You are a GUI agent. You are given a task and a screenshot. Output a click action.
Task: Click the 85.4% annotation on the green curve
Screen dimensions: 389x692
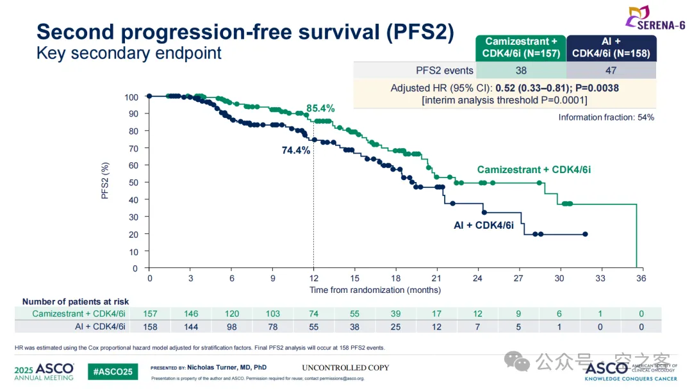320,108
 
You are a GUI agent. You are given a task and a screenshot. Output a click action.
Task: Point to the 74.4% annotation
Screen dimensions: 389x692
296,151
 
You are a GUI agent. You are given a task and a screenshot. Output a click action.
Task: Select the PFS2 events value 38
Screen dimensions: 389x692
520,70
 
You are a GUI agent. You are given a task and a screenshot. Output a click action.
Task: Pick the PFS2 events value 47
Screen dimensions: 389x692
611,70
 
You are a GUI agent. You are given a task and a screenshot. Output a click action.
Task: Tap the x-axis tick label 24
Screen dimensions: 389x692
477,279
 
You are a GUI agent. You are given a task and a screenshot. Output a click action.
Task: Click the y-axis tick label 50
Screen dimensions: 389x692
133,183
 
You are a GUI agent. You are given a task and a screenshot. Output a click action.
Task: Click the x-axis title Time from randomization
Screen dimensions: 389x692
375,290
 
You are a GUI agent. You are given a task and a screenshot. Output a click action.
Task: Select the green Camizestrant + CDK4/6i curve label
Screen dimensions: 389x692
534,170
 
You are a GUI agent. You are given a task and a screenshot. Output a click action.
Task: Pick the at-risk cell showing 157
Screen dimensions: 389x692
149,314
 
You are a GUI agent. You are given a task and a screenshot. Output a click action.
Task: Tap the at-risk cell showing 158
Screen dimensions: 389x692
149,327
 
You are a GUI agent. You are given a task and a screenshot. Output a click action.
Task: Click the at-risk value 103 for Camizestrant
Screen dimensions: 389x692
273,314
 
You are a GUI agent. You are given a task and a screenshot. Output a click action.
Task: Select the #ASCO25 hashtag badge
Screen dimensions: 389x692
113,372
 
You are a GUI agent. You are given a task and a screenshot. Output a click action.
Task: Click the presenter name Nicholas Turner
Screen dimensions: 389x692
227,367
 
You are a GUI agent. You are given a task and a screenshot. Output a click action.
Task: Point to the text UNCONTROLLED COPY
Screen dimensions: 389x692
345,368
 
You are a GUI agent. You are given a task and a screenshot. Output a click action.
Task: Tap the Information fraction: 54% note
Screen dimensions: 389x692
605,117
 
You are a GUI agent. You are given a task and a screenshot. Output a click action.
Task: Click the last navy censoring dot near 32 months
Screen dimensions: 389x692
585,234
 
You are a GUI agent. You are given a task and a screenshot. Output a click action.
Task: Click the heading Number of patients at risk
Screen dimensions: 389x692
76,301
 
